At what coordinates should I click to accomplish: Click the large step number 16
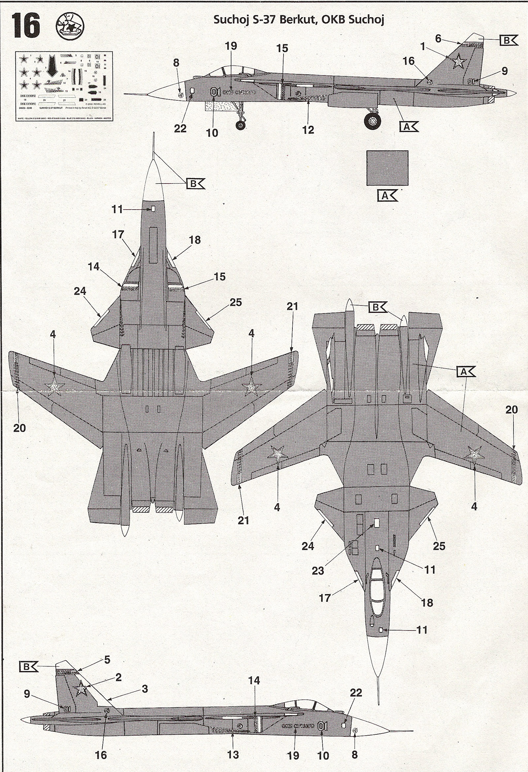(25, 26)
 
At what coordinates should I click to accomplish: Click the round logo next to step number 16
(70, 27)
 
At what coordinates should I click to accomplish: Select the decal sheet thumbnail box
(64, 86)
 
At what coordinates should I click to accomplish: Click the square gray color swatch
(387, 168)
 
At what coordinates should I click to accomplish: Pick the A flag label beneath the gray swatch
(387, 196)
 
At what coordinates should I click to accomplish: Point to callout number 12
(308, 130)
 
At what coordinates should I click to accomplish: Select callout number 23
(317, 571)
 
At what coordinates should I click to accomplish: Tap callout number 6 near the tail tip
(438, 39)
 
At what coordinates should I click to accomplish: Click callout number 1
(422, 47)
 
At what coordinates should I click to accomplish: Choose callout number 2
(118, 677)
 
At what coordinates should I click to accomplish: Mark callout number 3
(145, 688)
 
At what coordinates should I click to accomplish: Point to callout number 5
(107, 659)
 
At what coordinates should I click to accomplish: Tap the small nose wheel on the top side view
(241, 125)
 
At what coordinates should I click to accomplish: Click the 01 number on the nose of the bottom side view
(322, 726)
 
